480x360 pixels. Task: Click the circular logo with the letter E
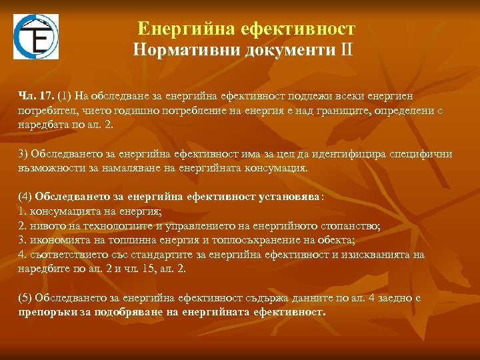click(36, 37)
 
